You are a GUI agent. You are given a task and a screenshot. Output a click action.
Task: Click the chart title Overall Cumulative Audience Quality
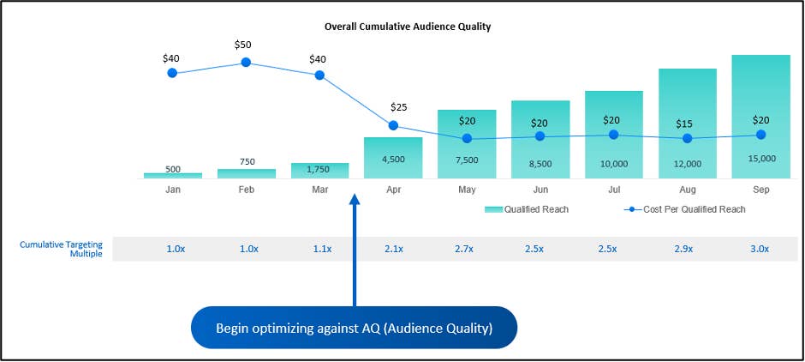coord(407,27)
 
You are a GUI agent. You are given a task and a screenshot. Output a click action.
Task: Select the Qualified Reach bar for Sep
coord(760,116)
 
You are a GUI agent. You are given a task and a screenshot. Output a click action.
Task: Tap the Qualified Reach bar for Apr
coord(393,158)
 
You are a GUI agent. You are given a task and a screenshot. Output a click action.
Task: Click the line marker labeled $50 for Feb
coord(246,63)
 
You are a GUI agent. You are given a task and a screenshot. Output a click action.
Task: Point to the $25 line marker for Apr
coord(393,125)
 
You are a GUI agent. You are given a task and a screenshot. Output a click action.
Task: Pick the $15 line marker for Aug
coord(687,137)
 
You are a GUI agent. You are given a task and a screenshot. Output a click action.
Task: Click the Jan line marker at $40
coord(172,73)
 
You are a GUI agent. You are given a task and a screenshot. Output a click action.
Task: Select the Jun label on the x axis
coord(540,189)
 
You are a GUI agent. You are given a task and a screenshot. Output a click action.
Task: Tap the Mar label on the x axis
coord(319,189)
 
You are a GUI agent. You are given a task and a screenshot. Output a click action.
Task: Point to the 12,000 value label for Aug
coord(687,163)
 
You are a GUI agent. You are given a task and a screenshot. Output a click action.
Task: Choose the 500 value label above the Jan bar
coord(172,169)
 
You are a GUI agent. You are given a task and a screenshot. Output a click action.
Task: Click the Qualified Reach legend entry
coord(526,209)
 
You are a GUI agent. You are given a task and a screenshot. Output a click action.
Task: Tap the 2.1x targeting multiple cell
coord(393,249)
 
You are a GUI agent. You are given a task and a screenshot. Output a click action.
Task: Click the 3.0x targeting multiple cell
coord(760,249)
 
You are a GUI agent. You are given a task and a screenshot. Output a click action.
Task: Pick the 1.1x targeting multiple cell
coord(319,249)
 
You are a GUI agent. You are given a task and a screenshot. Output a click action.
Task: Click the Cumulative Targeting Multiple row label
coord(61,249)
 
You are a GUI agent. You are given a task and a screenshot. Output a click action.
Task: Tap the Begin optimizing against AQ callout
coord(354,328)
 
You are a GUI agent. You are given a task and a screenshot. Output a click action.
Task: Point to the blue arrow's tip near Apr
coord(355,196)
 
